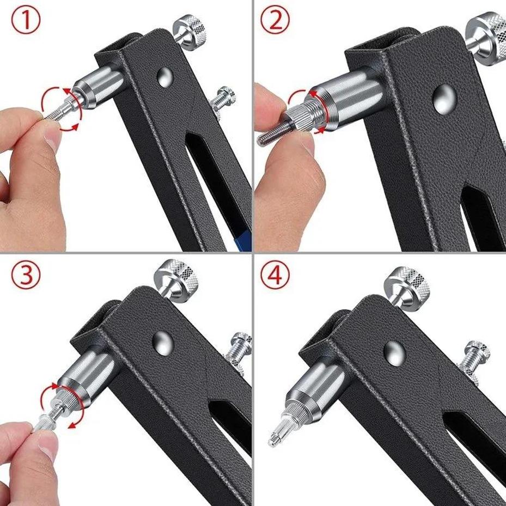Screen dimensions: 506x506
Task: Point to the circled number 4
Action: [x=278, y=277]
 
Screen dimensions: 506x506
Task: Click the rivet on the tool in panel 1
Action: [x=165, y=77]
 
